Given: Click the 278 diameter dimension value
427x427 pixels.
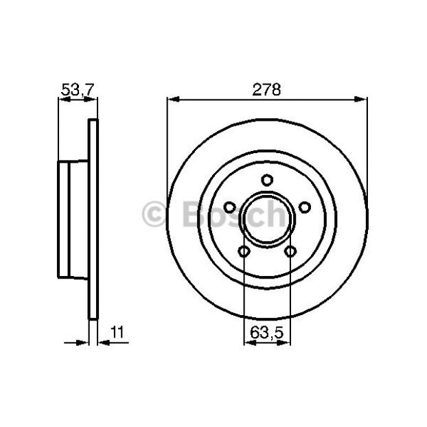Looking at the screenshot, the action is [266, 90].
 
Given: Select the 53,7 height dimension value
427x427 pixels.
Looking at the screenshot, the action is [78, 90].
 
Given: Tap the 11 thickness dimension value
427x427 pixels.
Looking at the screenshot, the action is [117, 332].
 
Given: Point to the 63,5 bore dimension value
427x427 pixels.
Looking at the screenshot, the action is [267, 332].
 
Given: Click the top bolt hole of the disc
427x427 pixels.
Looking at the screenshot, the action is [267, 181].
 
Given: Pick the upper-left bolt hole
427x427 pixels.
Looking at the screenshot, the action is [229, 207].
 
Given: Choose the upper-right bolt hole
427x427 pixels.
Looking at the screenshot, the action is [304, 207].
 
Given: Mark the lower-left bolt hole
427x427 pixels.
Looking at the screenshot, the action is [244, 251].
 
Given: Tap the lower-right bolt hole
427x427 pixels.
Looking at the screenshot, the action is [290, 251].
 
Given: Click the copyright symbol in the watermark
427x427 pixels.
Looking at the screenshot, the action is [154, 214].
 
